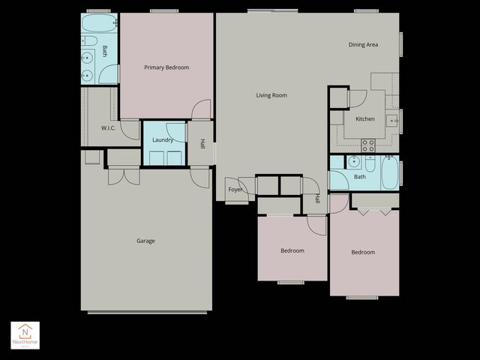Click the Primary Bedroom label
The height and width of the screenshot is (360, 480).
coord(166,67)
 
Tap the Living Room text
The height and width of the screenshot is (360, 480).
coord(271,95)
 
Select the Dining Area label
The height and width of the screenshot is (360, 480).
coord(363,45)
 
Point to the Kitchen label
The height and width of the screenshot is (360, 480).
coord(365,119)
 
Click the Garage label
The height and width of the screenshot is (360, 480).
coord(145,241)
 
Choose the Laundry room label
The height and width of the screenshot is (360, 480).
coord(163,140)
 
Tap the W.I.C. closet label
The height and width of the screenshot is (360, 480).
coord(109,128)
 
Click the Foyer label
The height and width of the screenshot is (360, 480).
coord(235,190)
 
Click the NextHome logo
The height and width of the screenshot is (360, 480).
coord(25,334)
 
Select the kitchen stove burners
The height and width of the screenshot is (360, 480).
coord(368,145)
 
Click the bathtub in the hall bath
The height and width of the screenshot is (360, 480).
coord(390,172)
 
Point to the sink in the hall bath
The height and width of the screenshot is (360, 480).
coord(353,161)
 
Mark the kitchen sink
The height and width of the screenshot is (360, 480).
coord(391,119)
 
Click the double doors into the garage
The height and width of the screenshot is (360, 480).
coord(124,176)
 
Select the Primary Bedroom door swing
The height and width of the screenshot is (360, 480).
coord(201,110)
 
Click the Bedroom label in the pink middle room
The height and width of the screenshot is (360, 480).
coord(292,250)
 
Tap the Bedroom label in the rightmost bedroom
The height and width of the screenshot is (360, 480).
coord(363,252)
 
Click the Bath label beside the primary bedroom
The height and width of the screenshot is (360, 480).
coord(105,52)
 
